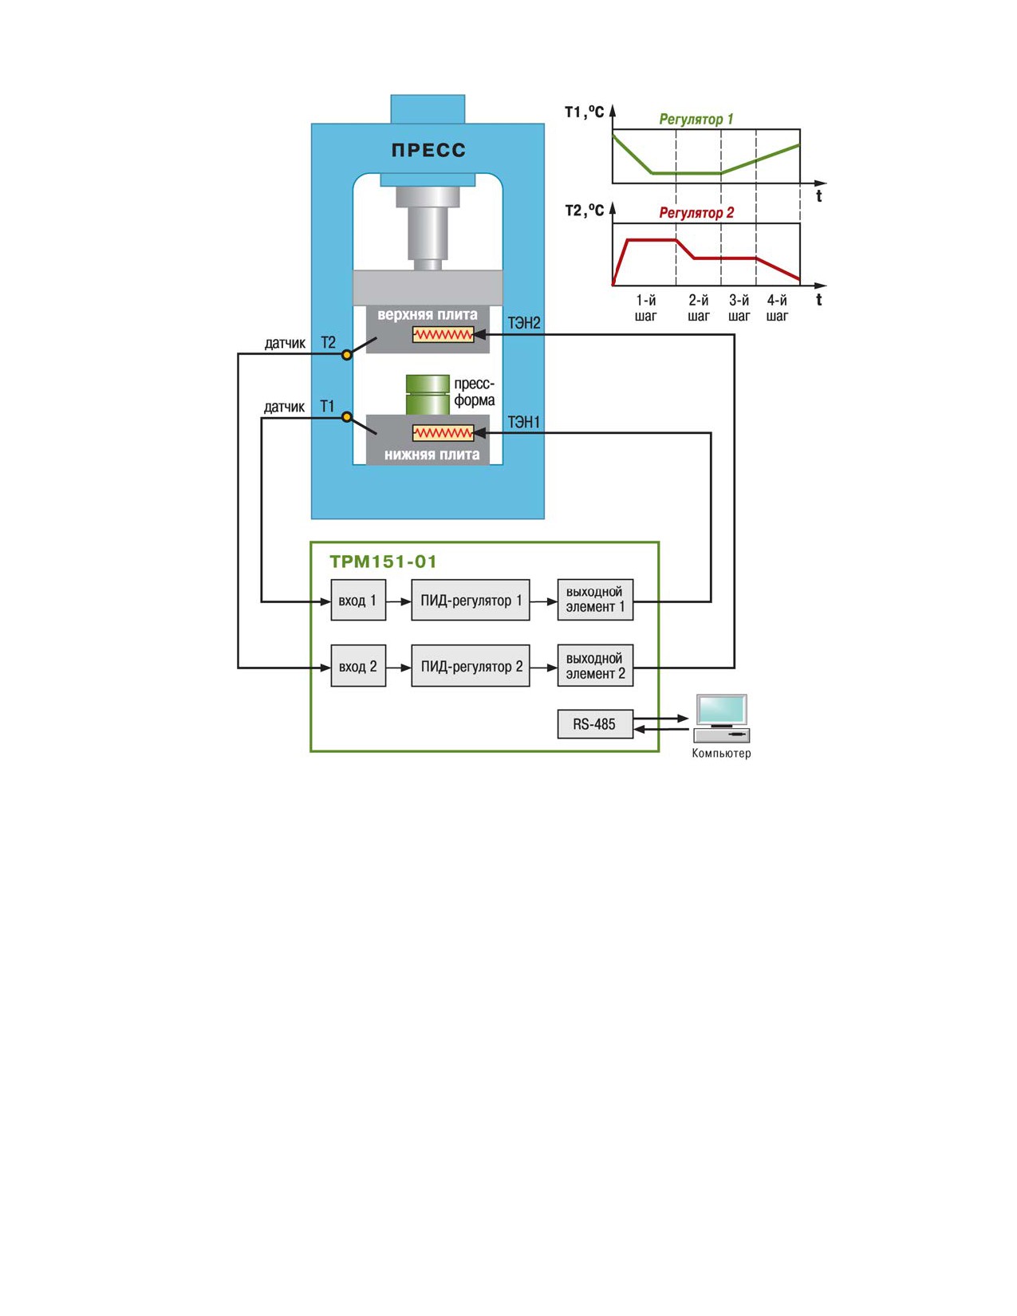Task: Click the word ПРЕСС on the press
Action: pyautogui.click(x=428, y=150)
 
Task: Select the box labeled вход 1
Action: pyautogui.click(x=358, y=600)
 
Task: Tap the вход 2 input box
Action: pyautogui.click(x=358, y=665)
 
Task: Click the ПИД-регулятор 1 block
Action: pyautogui.click(x=470, y=600)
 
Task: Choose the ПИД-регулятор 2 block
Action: pyautogui.click(x=470, y=665)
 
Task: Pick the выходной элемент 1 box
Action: pyautogui.click(x=595, y=600)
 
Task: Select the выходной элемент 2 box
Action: pyautogui.click(x=595, y=665)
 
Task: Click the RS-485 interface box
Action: pyautogui.click(x=595, y=723)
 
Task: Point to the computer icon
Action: pyautogui.click(x=721, y=719)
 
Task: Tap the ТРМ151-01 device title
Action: pyautogui.click(x=383, y=561)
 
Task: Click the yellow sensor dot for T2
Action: pyautogui.click(x=346, y=355)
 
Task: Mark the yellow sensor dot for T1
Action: pyautogui.click(x=346, y=416)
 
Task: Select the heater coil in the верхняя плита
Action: pyautogui.click(x=443, y=334)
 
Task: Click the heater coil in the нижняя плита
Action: pyautogui.click(x=443, y=433)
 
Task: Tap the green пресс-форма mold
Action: pyautogui.click(x=428, y=394)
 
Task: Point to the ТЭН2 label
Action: pyautogui.click(x=524, y=323)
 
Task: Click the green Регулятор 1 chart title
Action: pyautogui.click(x=696, y=120)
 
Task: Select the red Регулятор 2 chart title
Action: pyautogui.click(x=696, y=213)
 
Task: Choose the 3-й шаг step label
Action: pyautogui.click(x=739, y=308)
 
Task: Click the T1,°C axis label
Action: pyautogui.click(x=585, y=112)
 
